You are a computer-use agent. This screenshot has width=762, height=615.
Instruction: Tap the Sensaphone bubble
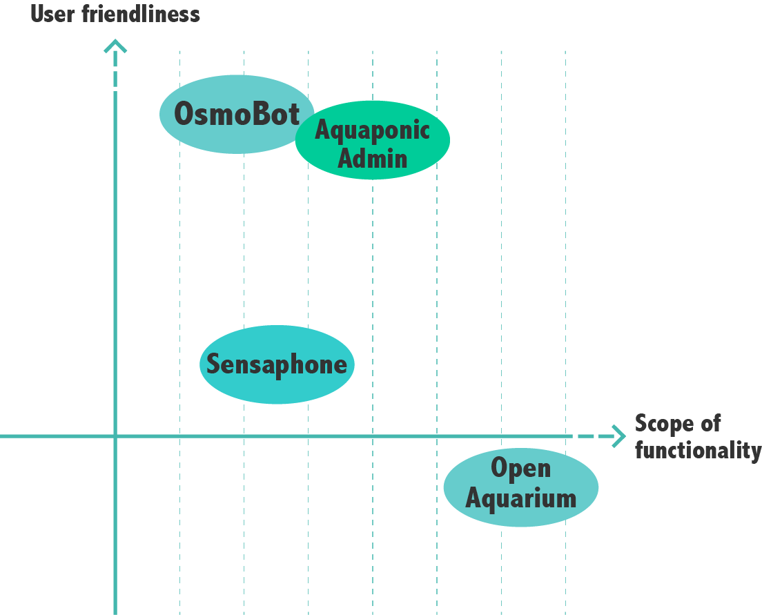[277, 387]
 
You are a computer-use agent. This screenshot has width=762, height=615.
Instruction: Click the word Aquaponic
[372, 130]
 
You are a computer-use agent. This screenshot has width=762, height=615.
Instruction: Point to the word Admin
[373, 159]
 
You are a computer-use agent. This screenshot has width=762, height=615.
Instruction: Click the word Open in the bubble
[520, 469]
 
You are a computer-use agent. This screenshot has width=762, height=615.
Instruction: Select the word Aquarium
[520, 498]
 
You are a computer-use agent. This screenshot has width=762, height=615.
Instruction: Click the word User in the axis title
[52, 14]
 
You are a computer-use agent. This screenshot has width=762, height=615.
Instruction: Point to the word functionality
[698, 451]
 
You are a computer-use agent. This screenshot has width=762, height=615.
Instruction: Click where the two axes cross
[115, 436]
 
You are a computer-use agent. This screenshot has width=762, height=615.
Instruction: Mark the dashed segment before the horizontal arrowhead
[590, 436]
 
